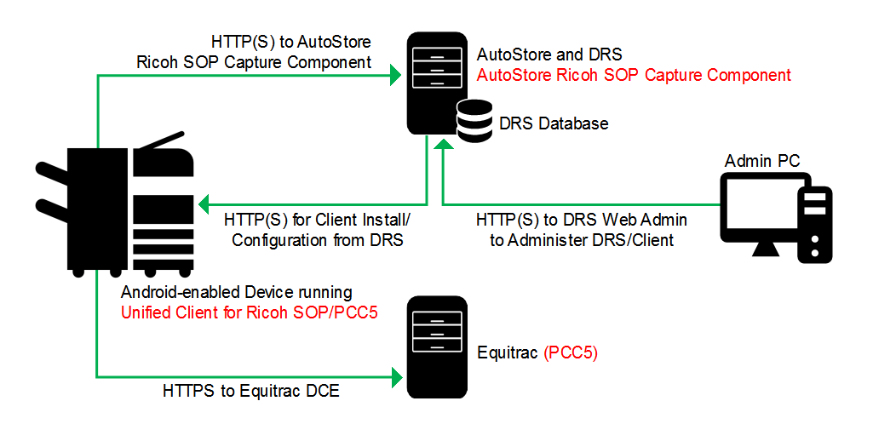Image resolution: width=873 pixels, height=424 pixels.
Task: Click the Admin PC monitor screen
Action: pos(756,206)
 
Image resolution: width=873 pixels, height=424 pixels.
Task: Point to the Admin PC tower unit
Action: pos(815,222)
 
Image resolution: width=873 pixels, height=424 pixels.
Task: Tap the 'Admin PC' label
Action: pos(762,160)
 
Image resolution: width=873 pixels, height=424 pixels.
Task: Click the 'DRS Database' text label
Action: pos(553,124)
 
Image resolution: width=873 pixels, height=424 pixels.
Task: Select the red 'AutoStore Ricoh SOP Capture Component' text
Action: pos(634,75)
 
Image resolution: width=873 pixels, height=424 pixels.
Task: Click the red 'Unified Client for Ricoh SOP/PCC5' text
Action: pos(250,312)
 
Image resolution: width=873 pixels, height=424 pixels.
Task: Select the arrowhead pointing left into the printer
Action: pos(204,204)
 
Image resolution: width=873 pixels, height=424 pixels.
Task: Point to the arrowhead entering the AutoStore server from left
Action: pos(395,77)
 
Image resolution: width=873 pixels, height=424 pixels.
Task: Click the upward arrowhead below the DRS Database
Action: pos(443,146)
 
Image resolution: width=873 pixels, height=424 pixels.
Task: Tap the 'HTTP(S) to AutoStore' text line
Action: pos(290,41)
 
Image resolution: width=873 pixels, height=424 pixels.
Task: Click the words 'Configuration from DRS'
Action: pos(317,240)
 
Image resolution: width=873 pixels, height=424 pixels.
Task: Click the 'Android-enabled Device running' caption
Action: pos(236,292)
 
